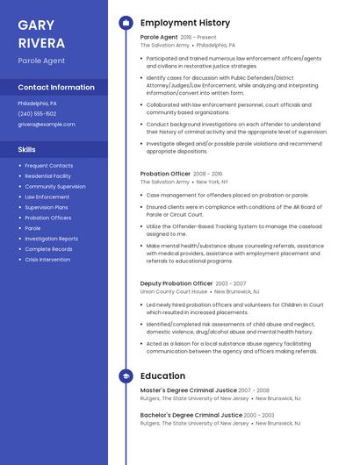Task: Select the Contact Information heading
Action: click(56, 88)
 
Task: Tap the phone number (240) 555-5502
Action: click(37, 114)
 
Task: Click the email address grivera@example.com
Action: click(47, 125)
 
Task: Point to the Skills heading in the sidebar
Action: click(26, 150)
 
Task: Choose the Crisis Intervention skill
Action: click(47, 260)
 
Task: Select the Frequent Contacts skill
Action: click(48, 166)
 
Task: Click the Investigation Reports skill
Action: click(51, 239)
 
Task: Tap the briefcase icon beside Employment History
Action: click(126, 23)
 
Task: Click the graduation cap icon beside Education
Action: click(126, 376)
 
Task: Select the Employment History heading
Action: click(185, 23)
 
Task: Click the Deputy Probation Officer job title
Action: click(176, 283)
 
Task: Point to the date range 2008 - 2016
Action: click(207, 174)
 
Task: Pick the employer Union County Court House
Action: click(174, 292)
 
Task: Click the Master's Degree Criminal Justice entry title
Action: click(188, 390)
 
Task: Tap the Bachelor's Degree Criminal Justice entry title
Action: click(191, 415)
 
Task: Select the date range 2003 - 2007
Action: click(231, 283)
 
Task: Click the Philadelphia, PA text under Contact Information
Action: click(37, 104)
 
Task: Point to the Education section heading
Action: click(162, 376)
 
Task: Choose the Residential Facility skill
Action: click(47, 176)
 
